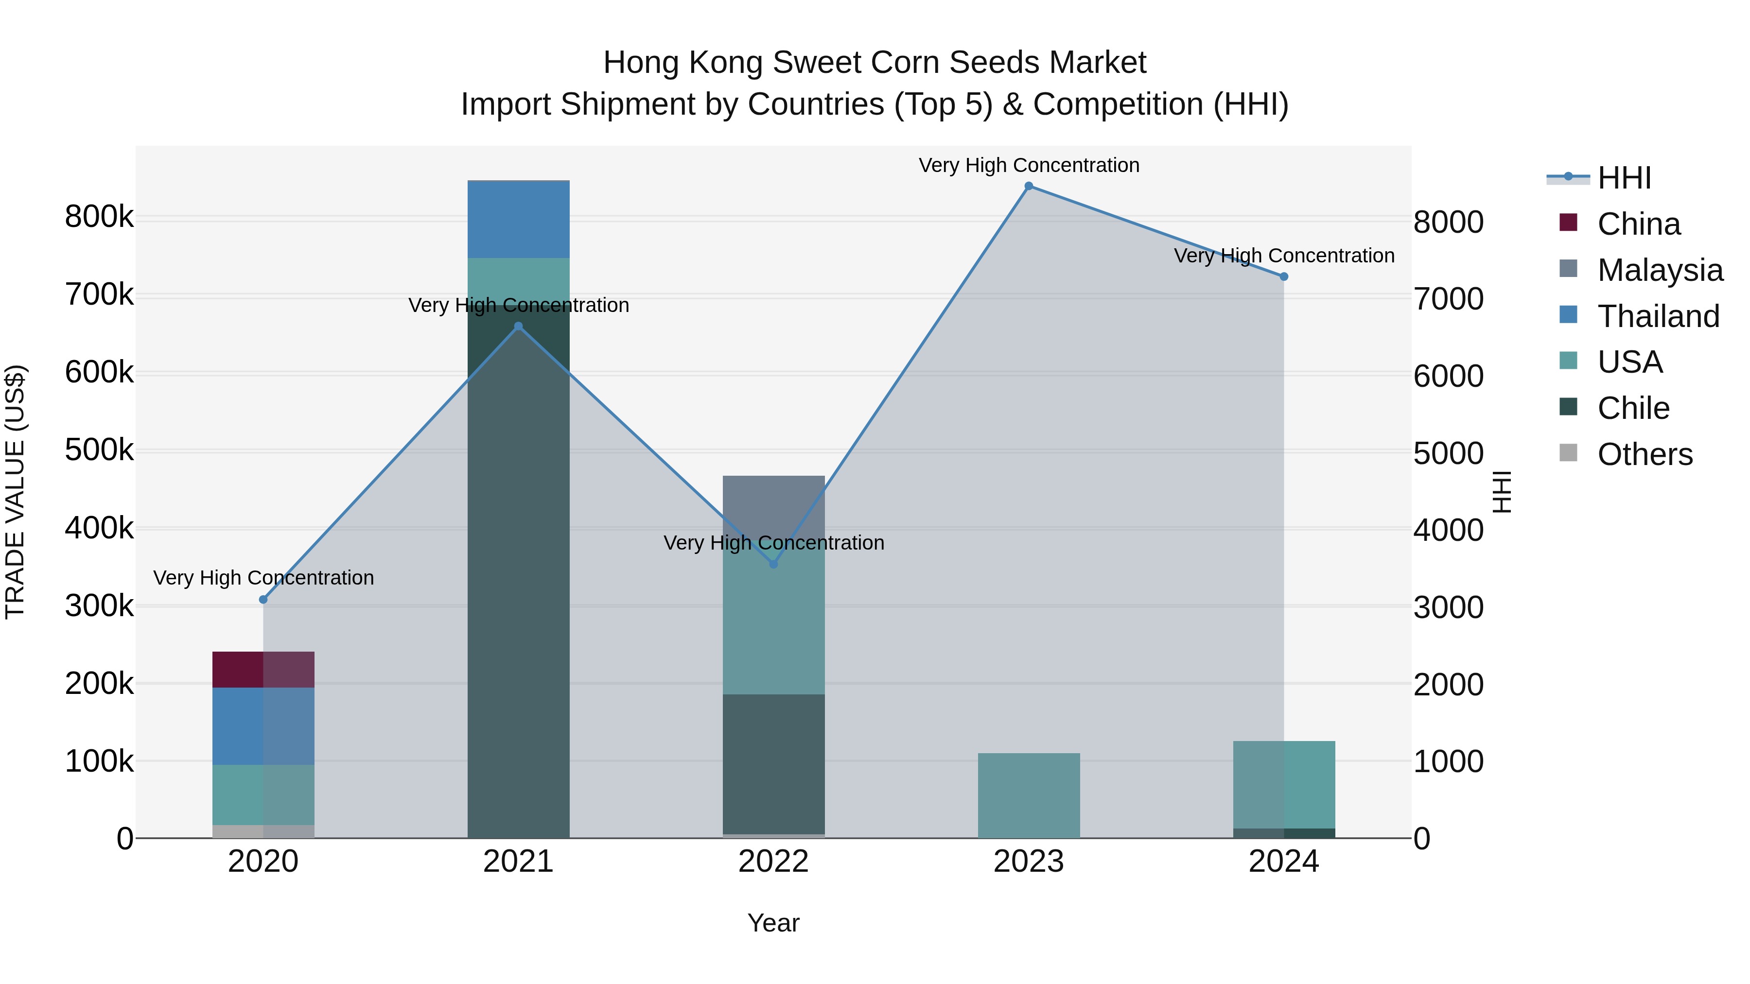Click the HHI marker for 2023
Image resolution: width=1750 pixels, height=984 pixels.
pos(1029,186)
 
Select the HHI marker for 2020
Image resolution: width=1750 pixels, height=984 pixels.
pos(263,600)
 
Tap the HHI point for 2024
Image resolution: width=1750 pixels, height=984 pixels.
pos(1283,277)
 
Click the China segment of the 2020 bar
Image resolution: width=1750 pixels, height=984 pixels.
pos(263,670)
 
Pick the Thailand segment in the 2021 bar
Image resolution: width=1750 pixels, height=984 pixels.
pos(518,219)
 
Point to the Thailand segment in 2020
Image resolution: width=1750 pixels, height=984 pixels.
pos(263,726)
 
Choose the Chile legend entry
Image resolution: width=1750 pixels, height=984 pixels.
pos(1633,408)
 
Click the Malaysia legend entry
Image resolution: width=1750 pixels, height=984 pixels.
pos(1660,270)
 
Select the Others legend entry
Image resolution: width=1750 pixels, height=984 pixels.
pos(1645,454)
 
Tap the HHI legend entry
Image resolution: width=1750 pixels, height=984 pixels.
pos(1624,178)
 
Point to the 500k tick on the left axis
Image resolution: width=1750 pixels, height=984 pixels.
pos(99,450)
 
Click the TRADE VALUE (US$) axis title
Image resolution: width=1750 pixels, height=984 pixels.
pos(15,492)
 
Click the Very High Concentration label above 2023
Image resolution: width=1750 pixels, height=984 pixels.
pos(1029,166)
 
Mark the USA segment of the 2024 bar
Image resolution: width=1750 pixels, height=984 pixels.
pos(1283,784)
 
